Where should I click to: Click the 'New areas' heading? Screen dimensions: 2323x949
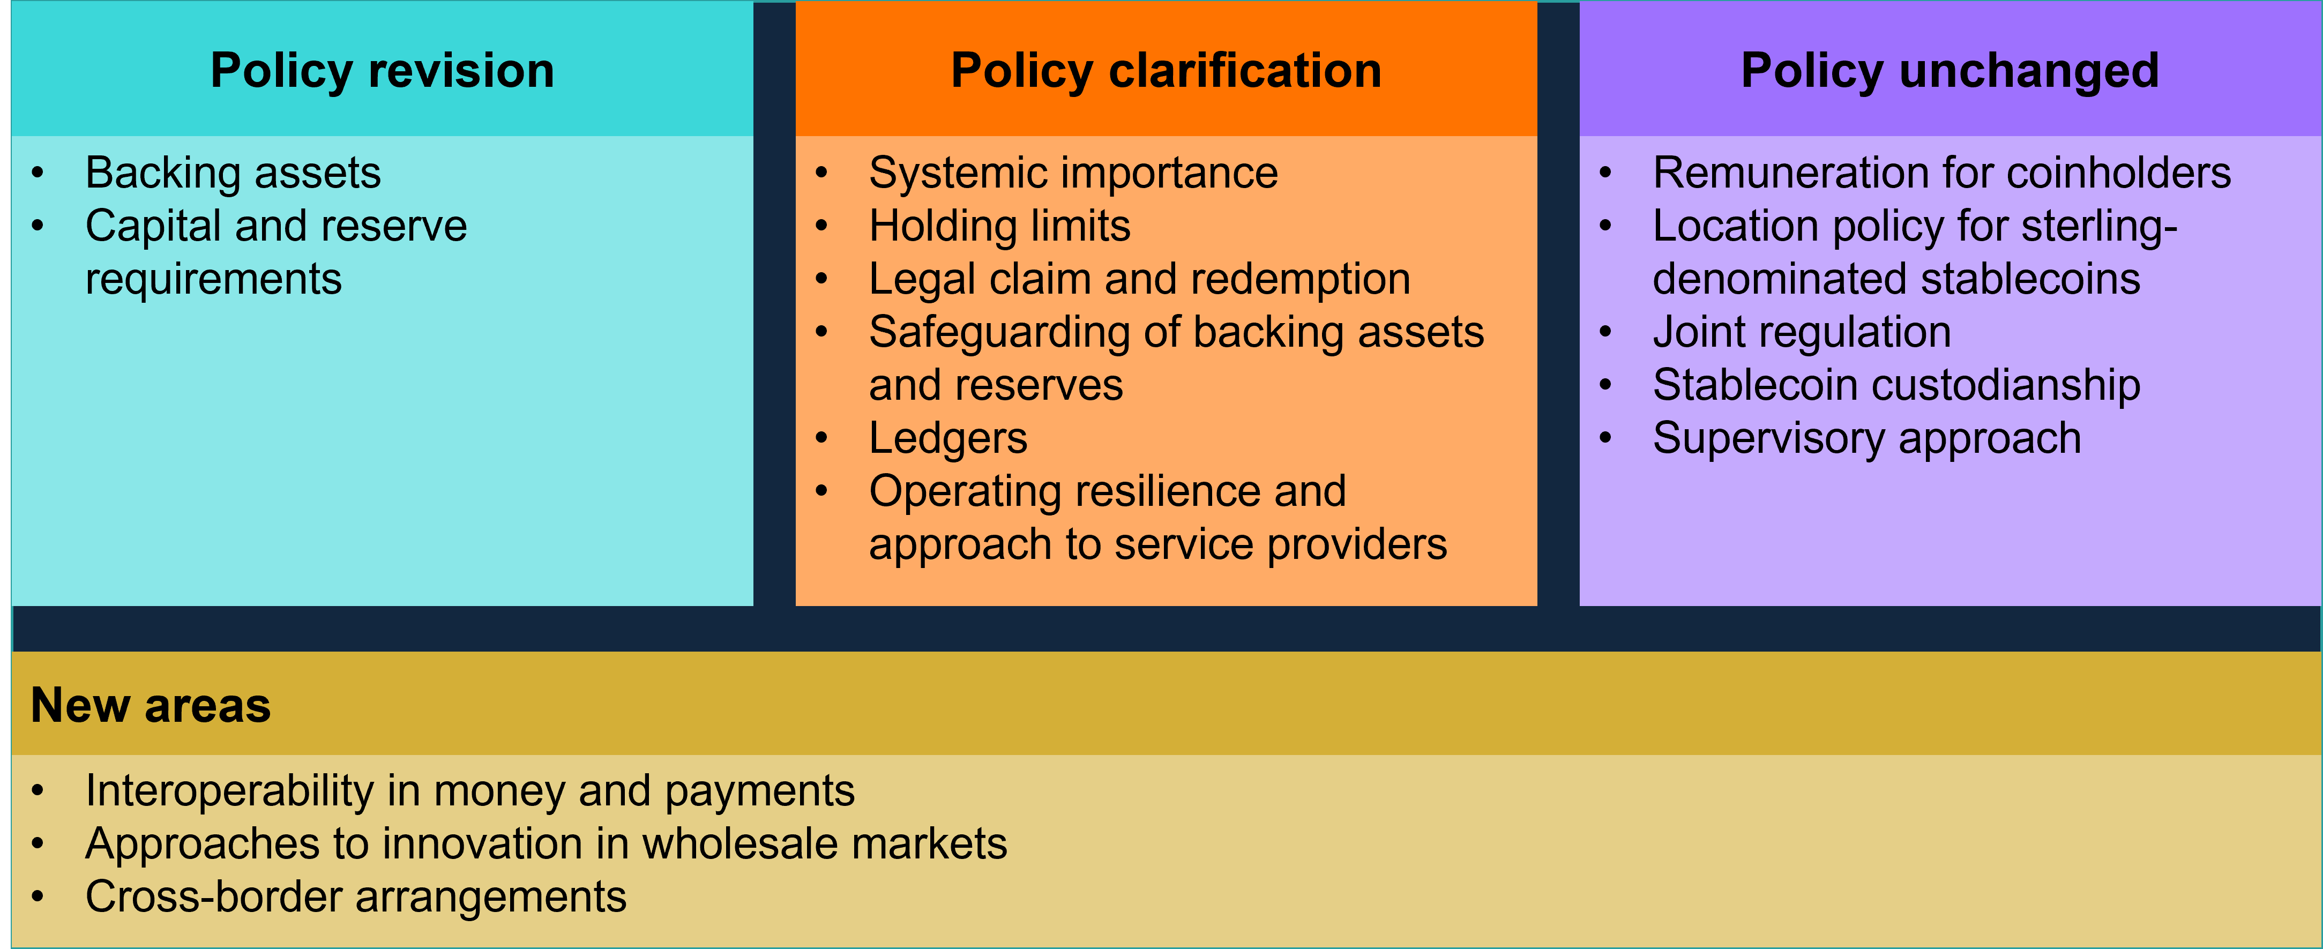click(151, 705)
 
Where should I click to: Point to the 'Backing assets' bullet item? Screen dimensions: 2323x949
click(233, 173)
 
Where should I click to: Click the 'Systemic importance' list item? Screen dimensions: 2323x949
click(1073, 173)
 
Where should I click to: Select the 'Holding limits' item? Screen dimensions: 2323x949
click(999, 226)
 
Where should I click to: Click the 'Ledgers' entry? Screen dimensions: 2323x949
click(948, 438)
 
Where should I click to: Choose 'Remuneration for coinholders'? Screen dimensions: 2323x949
click(1941, 173)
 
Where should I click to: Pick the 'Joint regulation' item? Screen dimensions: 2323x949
click(1802, 332)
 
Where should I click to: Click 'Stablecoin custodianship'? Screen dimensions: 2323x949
click(1896, 385)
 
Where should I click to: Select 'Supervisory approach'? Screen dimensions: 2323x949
click(1866, 438)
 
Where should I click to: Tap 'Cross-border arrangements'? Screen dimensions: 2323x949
click(355, 896)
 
